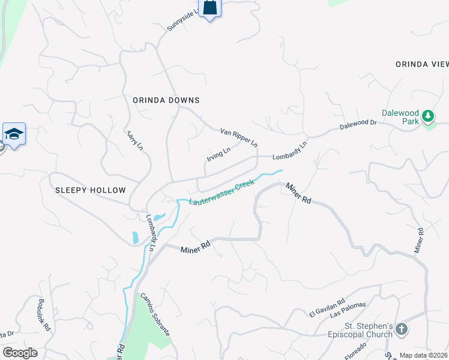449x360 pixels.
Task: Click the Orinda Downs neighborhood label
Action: (x=166, y=100)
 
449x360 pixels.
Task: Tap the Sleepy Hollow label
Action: (x=91, y=190)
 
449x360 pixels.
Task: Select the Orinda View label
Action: (x=421, y=64)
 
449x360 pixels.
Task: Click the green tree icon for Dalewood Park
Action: (x=428, y=115)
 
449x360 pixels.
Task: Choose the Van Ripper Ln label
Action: (x=239, y=137)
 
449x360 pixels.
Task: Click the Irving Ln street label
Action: (x=218, y=154)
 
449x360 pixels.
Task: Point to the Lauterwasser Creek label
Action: (x=222, y=193)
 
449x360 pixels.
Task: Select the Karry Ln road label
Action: (x=135, y=140)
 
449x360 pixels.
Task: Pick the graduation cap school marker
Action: (x=14, y=133)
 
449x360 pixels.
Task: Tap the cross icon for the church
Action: (x=402, y=329)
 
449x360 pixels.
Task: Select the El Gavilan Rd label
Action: (x=327, y=308)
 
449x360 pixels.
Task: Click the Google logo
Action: (x=20, y=353)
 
